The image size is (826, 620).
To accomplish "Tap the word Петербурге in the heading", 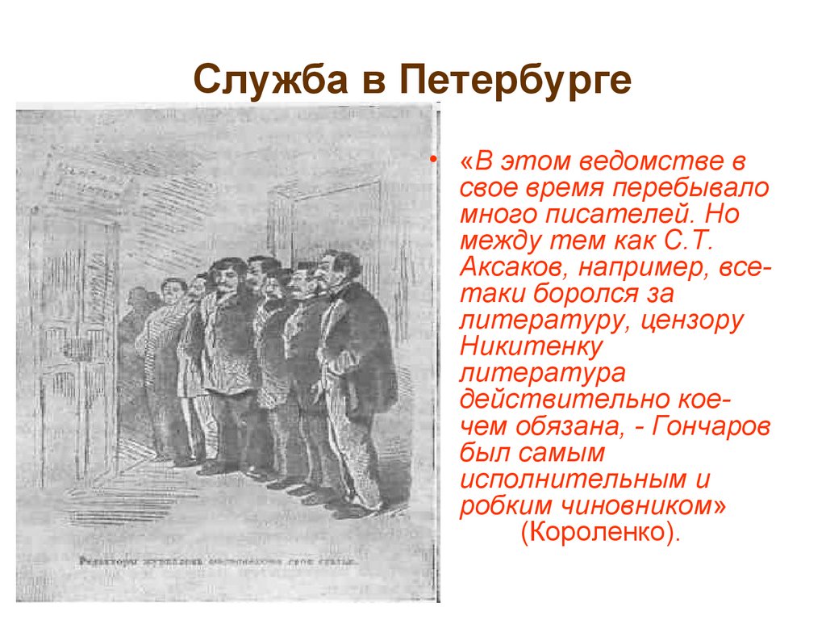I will tap(515, 81).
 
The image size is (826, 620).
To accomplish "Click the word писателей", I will tap(620, 214).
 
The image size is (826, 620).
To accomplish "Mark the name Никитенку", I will tap(532, 347).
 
